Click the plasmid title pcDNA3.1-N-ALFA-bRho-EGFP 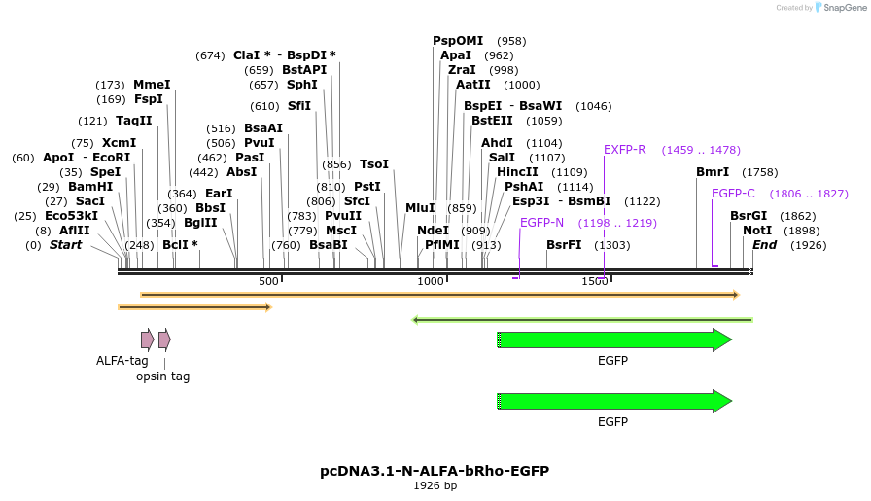coord(435,471)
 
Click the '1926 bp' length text coord(435,485)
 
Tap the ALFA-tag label coord(122,361)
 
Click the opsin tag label coord(162,376)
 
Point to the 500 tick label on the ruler coord(268,281)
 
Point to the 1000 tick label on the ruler coord(431,281)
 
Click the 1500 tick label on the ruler coord(595,281)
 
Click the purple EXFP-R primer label coord(624,150)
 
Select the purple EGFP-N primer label coord(541,223)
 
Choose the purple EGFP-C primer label coord(733,194)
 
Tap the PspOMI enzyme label coord(458,41)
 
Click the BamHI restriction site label coord(90,187)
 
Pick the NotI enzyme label coord(757,231)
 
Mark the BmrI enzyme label coord(713,172)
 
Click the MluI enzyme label coord(420,208)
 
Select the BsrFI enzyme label coord(564,245)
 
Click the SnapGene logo coord(840,8)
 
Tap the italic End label coord(764,245)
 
